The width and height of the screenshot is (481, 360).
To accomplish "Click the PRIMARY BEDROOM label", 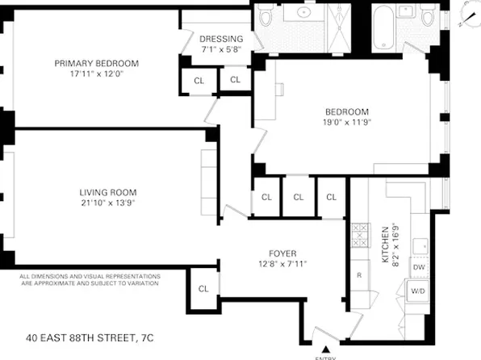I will pos(96,64).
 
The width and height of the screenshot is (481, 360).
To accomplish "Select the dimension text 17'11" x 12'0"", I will pos(96,74).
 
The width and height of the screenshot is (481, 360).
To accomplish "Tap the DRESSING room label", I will pos(221,39).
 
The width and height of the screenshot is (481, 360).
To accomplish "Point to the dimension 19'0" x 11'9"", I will pos(347,123).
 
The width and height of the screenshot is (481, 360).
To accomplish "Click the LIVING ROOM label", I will pos(107,192).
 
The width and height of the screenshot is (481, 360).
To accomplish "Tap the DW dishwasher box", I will pos(418,267).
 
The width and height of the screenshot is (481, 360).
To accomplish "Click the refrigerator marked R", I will pos(359,275).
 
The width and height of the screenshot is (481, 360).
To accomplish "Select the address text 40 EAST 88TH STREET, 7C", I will pos(96,337).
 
